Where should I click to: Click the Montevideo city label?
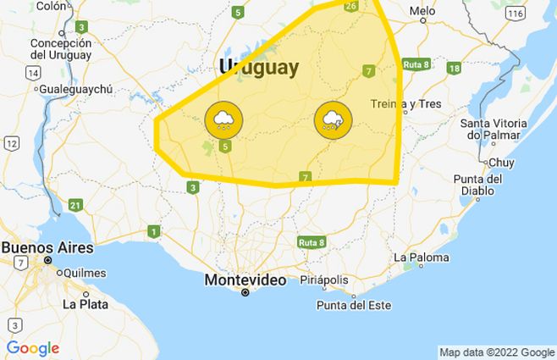tap(245, 280)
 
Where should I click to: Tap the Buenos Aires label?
tap(47, 248)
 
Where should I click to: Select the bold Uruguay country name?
tap(258, 68)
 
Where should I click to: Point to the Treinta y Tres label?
tap(406, 104)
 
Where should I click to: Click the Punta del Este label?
tap(350, 305)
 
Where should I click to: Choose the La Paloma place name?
tap(420, 257)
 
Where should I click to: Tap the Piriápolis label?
tap(323, 280)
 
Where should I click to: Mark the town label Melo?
tap(422, 11)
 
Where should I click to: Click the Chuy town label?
tap(501, 162)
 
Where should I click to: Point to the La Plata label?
tap(83, 303)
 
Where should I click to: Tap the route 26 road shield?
tap(351, 6)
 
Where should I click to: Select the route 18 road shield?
tap(454, 68)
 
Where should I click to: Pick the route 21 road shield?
tap(75, 205)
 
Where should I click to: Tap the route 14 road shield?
tap(33, 73)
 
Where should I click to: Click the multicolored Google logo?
tap(32, 348)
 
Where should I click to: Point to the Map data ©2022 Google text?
tap(496, 352)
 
